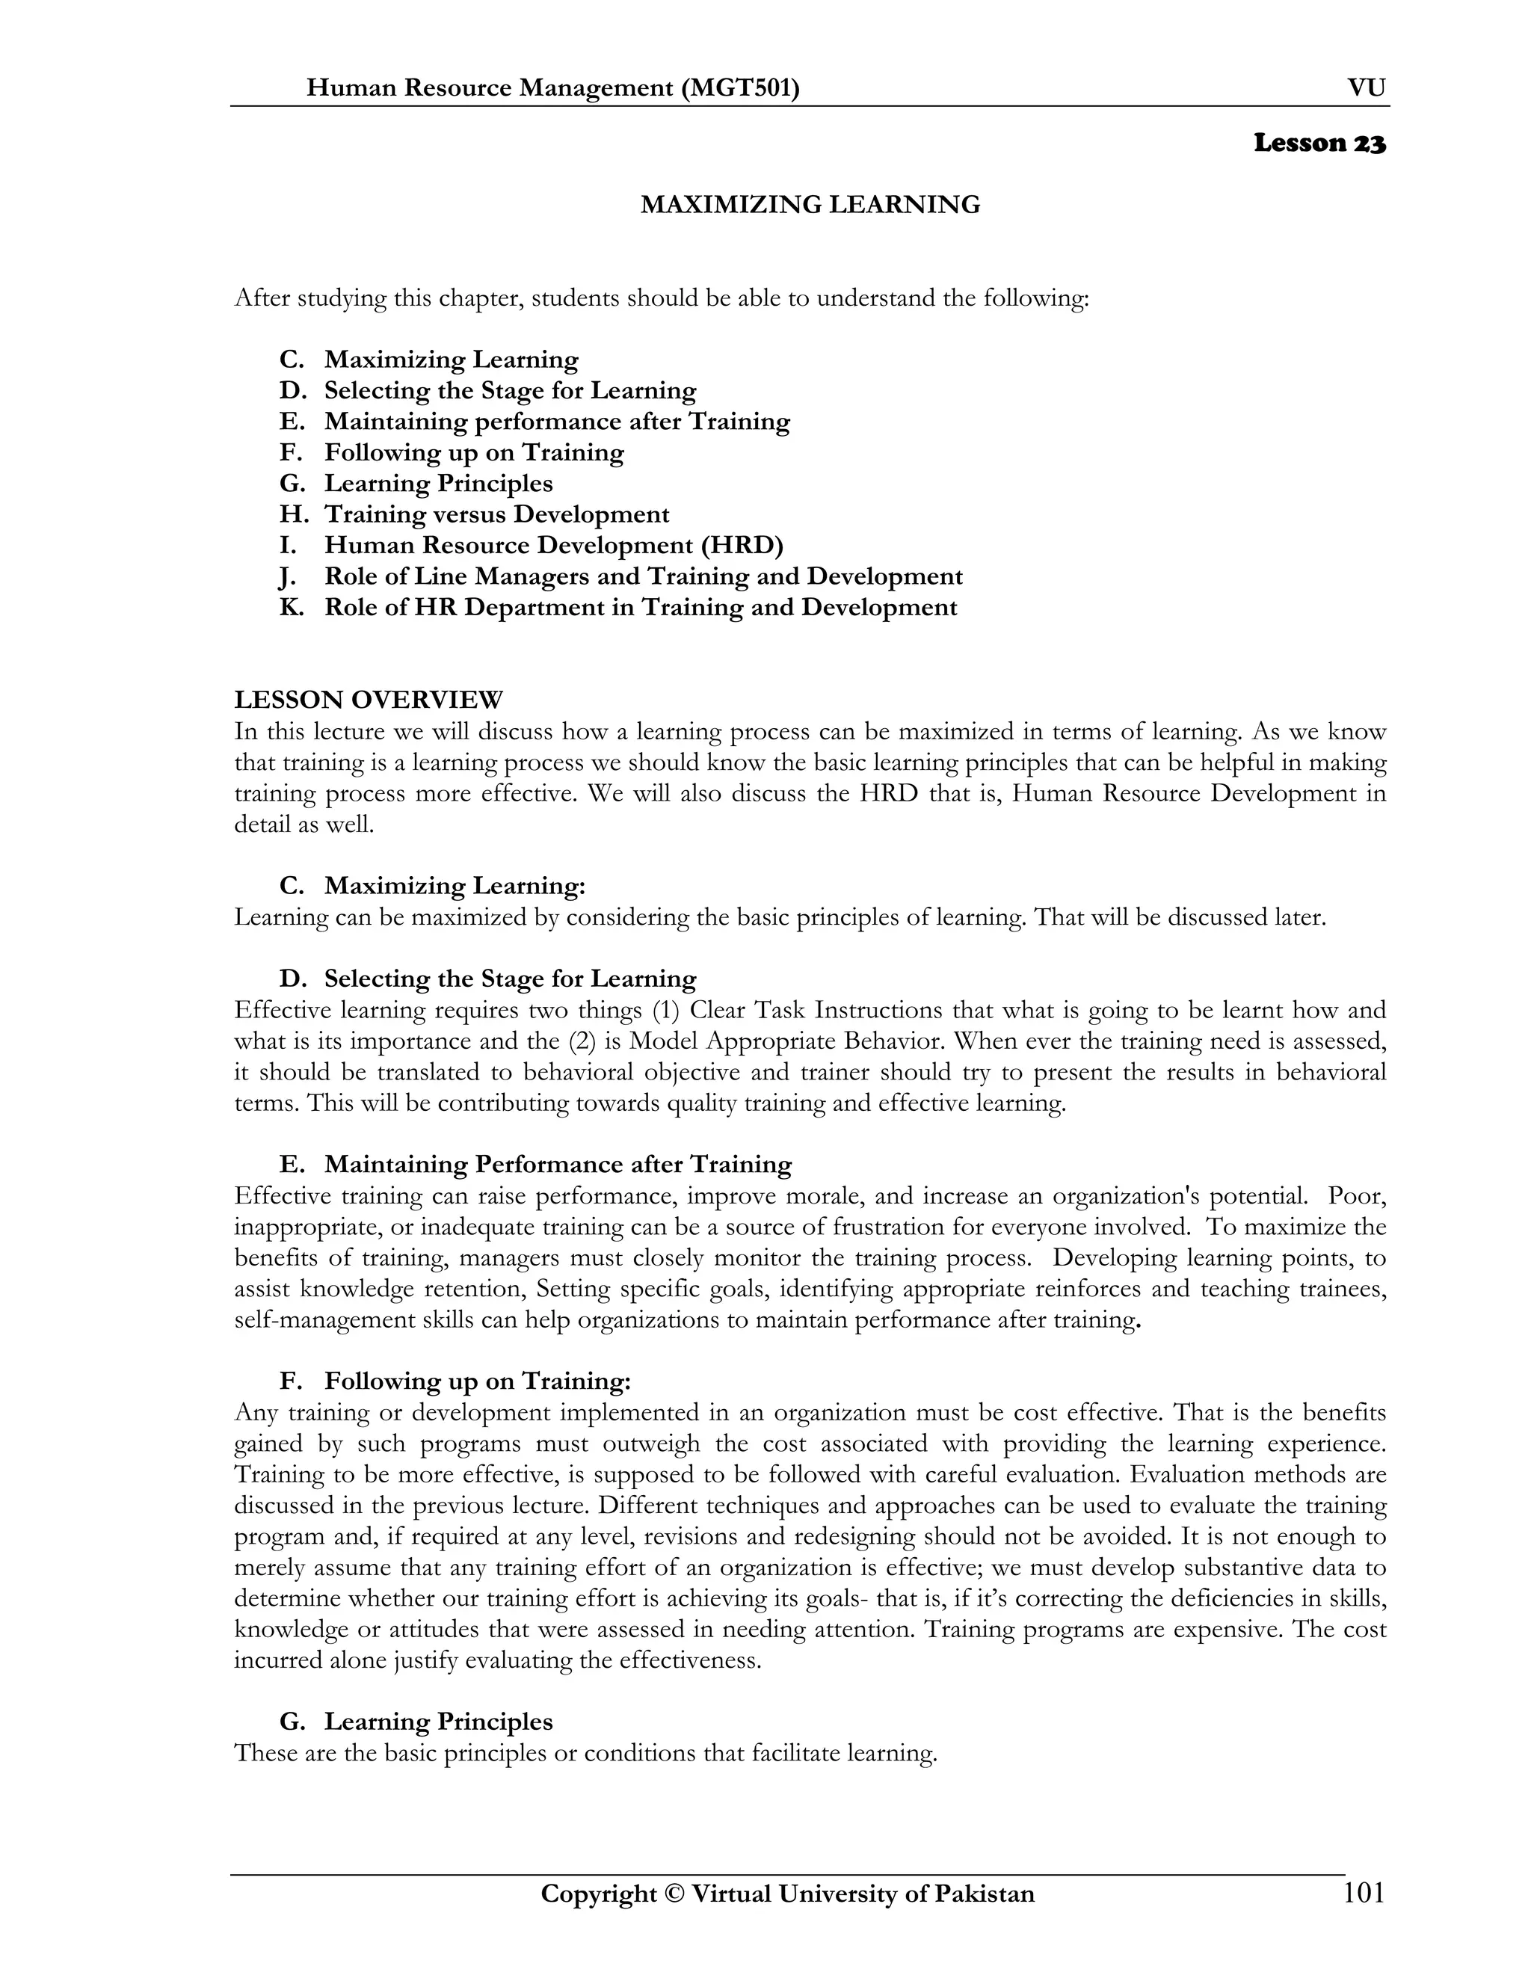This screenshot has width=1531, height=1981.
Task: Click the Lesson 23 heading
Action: click(x=1319, y=144)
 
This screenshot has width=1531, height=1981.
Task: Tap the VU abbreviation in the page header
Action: click(x=1366, y=88)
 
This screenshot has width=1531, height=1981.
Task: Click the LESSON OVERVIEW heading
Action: click(x=369, y=700)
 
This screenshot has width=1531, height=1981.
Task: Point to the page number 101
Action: click(x=1364, y=1893)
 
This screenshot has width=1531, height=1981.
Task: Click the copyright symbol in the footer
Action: click(x=674, y=1894)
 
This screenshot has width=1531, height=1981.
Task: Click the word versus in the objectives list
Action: click(x=469, y=514)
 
